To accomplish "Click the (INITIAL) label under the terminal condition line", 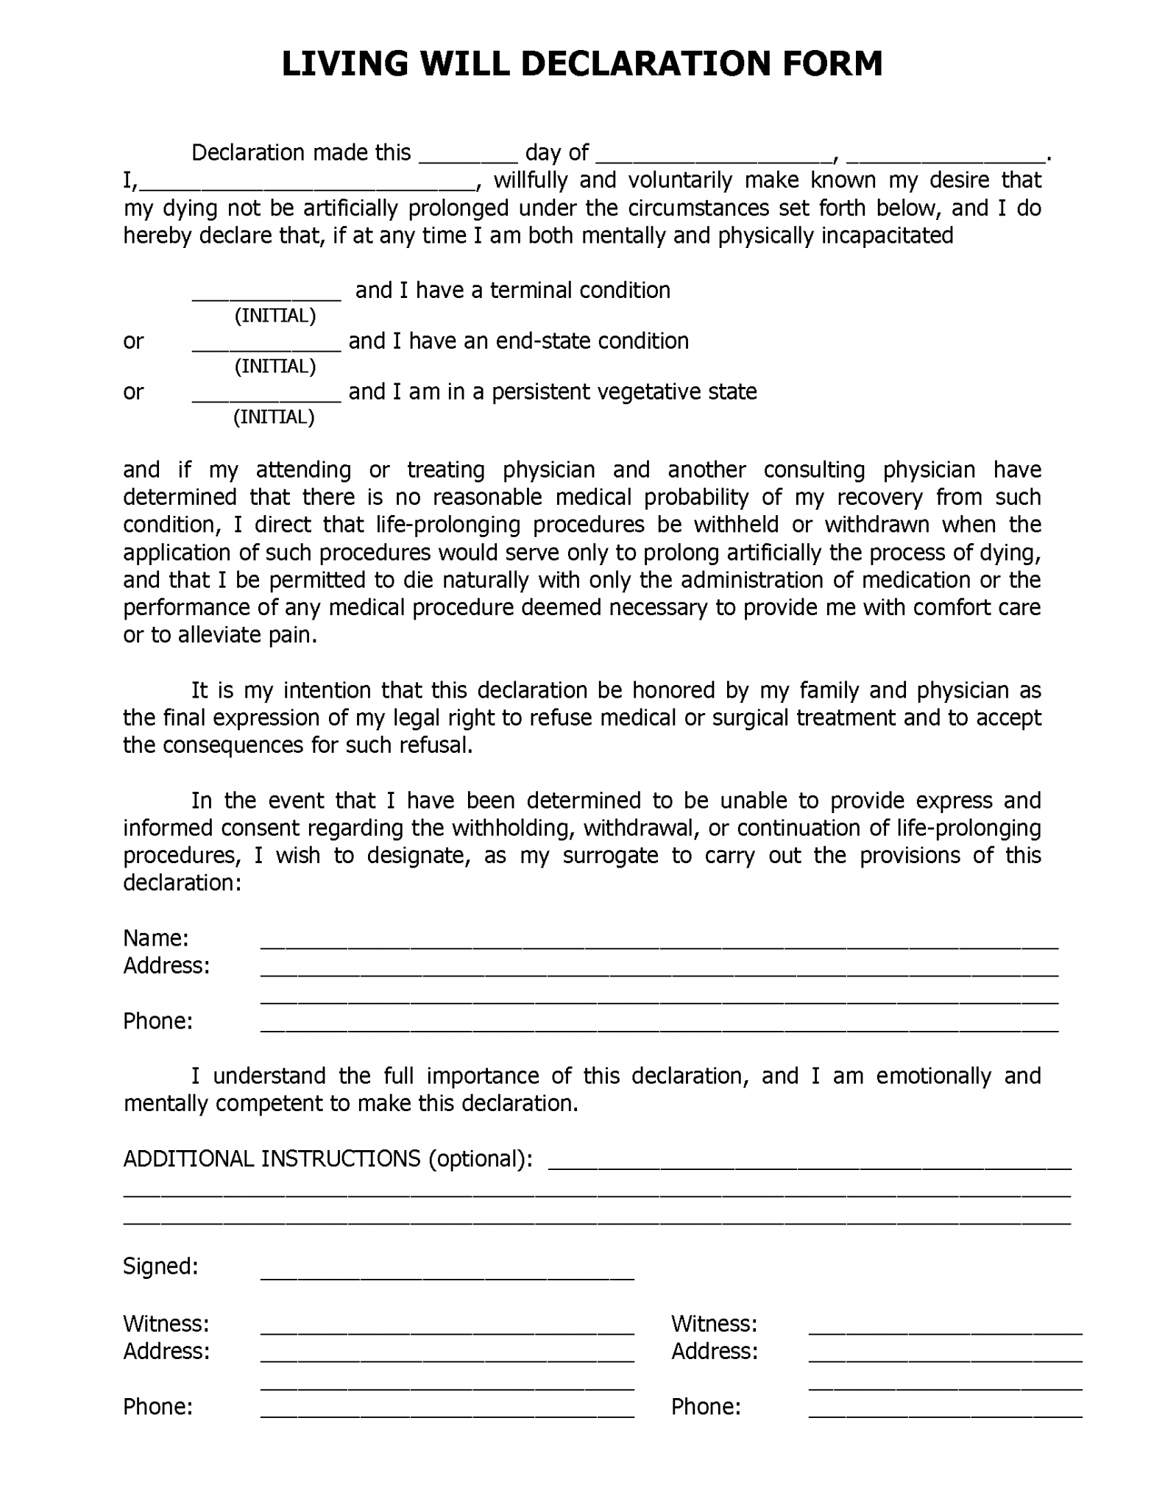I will [275, 316].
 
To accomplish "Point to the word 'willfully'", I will [530, 180].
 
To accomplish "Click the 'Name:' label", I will [156, 938].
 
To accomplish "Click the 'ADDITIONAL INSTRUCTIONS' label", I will [271, 1159].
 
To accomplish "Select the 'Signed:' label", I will [160, 1266].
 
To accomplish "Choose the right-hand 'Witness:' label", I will [714, 1324].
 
